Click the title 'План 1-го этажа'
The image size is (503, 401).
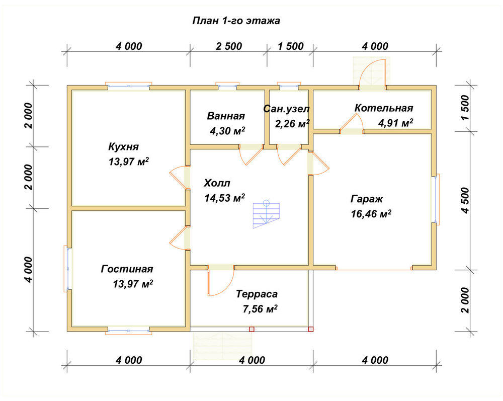click(x=236, y=21)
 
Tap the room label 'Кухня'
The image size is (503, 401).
click(x=124, y=147)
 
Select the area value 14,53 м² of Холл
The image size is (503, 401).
click(x=224, y=198)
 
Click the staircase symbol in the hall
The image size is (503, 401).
click(x=266, y=214)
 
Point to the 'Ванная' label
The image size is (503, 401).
click(x=226, y=116)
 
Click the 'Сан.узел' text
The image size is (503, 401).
click(x=287, y=109)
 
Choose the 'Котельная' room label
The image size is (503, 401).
click(x=384, y=108)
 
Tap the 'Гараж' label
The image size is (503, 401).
click(x=367, y=199)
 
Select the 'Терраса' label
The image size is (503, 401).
click(x=257, y=294)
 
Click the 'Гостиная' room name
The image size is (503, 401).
click(x=127, y=269)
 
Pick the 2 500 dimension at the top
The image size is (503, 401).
click(x=229, y=46)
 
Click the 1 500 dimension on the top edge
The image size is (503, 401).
click(x=291, y=46)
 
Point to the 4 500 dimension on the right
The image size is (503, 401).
click(x=465, y=200)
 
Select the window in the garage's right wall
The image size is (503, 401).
click(x=437, y=199)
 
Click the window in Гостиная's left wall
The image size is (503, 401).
click(x=67, y=269)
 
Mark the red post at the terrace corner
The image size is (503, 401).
click(x=310, y=329)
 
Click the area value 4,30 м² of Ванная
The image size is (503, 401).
click(x=227, y=131)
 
